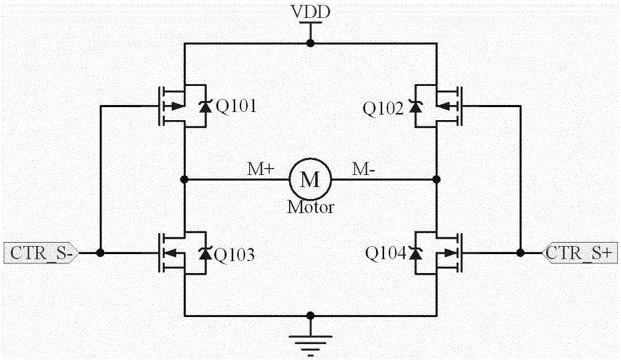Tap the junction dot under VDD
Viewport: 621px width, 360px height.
310,43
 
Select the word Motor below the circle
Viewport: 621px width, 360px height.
310,207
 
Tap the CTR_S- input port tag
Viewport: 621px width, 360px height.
39,253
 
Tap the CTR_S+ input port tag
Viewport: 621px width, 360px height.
581,253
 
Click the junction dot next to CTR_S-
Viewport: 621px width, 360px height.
99,253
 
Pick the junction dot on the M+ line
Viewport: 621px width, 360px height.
184,180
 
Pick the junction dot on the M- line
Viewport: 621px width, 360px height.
437,180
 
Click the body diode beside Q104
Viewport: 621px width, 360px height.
415,253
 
